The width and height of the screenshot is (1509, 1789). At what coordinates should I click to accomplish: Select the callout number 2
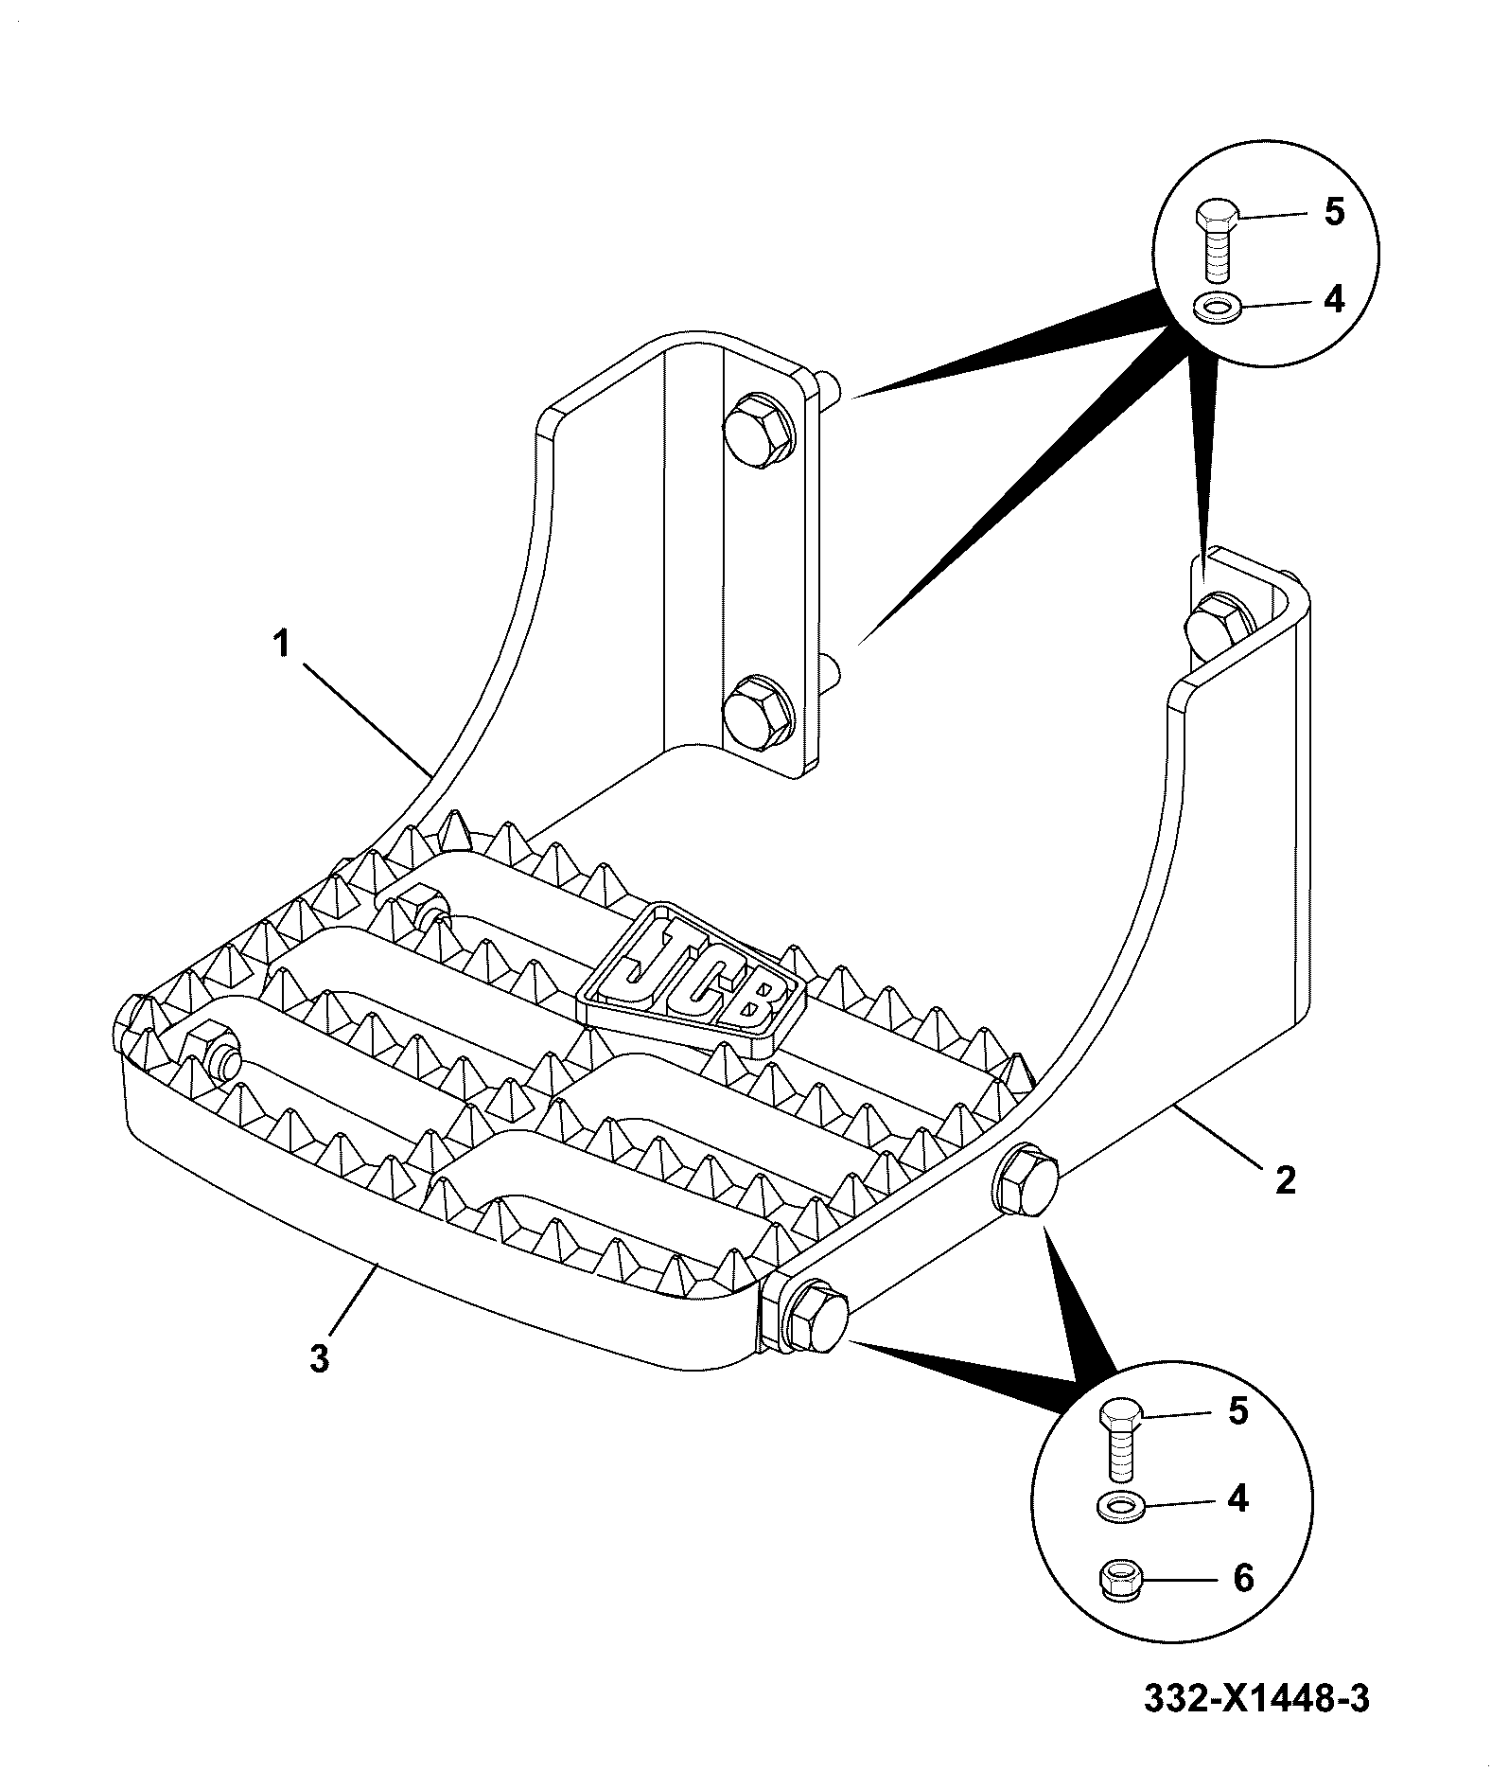pos(1285,1179)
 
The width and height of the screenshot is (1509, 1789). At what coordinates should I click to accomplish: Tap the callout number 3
pos(320,1358)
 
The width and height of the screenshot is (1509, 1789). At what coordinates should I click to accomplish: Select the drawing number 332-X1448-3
pos(1256,1698)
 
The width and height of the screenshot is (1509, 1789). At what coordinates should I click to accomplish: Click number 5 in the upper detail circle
pos(1334,212)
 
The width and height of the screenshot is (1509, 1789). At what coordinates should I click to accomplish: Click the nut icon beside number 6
pos(1120,1579)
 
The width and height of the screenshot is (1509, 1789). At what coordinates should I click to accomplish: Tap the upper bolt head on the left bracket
pos(758,431)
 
